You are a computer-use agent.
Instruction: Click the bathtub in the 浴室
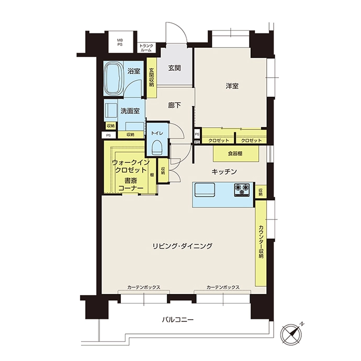click(114, 78)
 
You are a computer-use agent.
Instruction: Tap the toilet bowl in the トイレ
click(157, 148)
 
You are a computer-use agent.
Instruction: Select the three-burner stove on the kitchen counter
click(242, 190)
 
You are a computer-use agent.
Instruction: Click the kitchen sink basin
click(205, 189)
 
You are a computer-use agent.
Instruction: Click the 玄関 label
click(174, 68)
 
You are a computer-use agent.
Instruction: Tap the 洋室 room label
click(232, 86)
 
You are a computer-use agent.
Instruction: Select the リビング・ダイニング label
click(182, 246)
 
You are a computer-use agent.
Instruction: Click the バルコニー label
click(177, 320)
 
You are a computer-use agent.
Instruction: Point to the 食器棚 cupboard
click(236, 154)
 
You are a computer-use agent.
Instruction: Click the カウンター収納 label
click(261, 242)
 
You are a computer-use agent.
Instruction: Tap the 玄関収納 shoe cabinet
click(152, 77)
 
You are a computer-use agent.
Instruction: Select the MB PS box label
click(120, 42)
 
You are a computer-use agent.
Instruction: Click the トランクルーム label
click(146, 48)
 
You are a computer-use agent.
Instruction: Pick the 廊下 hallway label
click(174, 106)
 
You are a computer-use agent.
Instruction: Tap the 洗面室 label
click(130, 111)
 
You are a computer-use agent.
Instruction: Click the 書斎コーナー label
click(131, 184)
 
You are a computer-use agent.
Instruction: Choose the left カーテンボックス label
click(144, 287)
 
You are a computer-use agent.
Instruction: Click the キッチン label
click(224, 172)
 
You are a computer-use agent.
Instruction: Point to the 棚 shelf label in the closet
click(152, 175)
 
